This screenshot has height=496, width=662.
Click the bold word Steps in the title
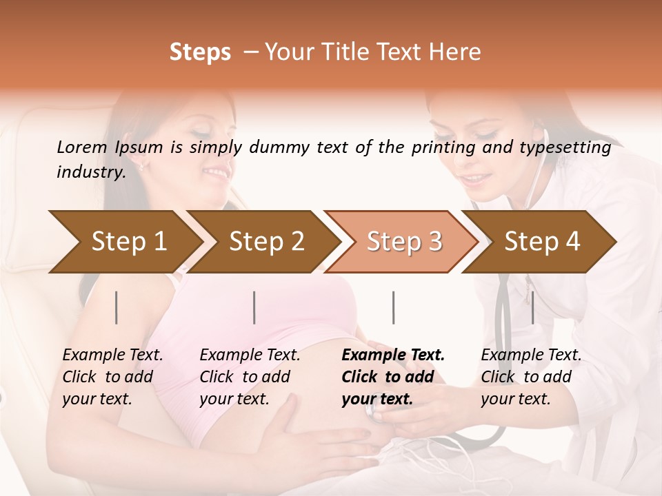pos(200,52)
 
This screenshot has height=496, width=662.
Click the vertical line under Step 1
pos(117,307)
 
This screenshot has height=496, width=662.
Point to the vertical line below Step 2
pos(254,307)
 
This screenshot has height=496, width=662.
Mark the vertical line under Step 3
pos(393,307)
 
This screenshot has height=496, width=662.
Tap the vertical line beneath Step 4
pos(532,307)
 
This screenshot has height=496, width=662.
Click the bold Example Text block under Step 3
pos(393,377)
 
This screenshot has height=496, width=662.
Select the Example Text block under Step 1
pos(112,377)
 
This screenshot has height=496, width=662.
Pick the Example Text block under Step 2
pos(250,377)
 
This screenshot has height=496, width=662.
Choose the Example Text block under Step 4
pos(531,377)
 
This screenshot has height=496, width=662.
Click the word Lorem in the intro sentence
pos(82,147)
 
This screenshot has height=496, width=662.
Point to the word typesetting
pos(565,147)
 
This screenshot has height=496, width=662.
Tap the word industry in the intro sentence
pos(90,172)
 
